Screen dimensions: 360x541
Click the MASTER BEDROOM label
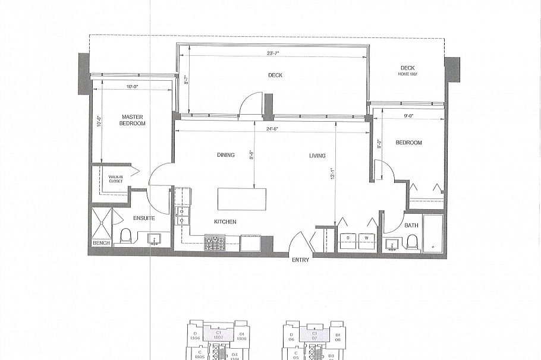[x=133, y=120]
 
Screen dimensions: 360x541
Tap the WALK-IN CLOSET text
[x=115, y=179]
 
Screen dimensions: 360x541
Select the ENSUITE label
[x=144, y=218]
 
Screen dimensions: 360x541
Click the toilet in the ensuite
[x=126, y=237]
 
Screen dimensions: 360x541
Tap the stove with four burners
[x=214, y=242]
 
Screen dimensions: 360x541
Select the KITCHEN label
[x=225, y=222]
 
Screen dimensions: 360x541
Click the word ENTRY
[x=300, y=260]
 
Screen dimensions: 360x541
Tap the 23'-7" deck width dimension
[x=273, y=53]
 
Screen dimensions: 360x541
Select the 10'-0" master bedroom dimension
[x=133, y=87]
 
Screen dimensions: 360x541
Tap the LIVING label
[x=317, y=156]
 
